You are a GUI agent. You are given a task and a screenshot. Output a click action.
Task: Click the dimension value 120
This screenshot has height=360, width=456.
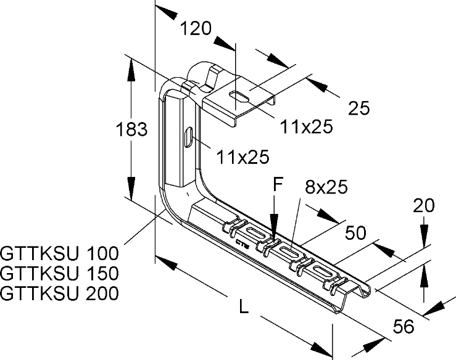pyautogui.click(x=196, y=28)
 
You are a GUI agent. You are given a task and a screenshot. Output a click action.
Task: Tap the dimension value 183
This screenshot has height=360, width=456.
pyautogui.click(x=131, y=130)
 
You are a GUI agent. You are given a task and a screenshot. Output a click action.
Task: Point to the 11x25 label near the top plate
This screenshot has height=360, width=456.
pyautogui.click(x=306, y=127)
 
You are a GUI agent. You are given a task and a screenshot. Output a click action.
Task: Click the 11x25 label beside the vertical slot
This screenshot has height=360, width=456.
pyautogui.click(x=243, y=158)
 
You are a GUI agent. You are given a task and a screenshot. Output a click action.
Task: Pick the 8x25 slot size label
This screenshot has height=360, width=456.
pyautogui.click(x=325, y=186)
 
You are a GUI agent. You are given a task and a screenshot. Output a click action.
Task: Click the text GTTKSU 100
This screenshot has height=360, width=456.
pyautogui.click(x=59, y=253)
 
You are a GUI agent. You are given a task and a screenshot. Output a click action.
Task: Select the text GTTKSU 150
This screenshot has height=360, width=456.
pyautogui.click(x=59, y=273)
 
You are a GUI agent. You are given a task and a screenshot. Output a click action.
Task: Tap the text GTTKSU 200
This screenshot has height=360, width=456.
pyautogui.click(x=59, y=293)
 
